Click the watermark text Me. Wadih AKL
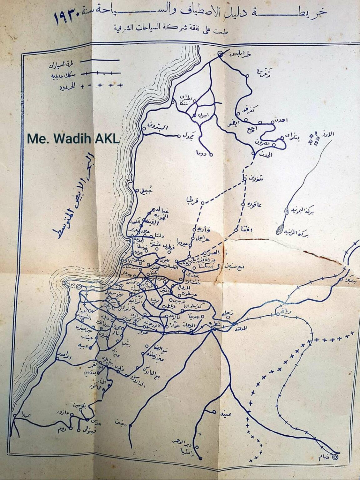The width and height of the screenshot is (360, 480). (x=73, y=139)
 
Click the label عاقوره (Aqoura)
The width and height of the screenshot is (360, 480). (x=255, y=205)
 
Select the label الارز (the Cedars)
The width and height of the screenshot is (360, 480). (x=328, y=135)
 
